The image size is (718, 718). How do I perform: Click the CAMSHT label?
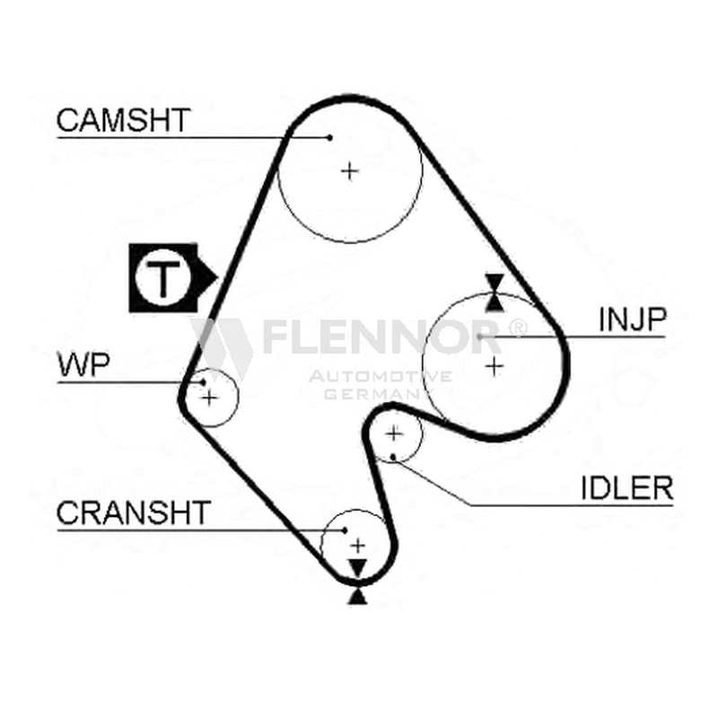point(123,120)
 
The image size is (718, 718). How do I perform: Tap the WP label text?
point(83,364)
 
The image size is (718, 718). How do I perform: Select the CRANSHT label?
point(133,512)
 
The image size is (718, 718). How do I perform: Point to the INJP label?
point(633,320)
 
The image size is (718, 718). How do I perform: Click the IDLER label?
point(627,487)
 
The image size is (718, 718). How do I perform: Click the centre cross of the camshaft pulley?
point(350,171)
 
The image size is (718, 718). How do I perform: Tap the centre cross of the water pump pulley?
point(209,398)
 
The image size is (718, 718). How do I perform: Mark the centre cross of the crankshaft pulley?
point(357,546)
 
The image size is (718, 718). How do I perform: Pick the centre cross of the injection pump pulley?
point(495,366)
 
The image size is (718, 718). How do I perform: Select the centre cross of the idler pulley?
point(394,433)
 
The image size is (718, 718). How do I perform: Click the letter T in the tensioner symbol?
point(163,278)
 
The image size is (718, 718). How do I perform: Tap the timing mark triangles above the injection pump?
point(495,293)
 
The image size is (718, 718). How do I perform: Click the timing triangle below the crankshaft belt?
point(357,597)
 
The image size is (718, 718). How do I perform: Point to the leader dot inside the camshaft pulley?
point(329,137)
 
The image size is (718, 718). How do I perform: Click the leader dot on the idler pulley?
point(393,457)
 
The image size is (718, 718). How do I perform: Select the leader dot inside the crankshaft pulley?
point(345,530)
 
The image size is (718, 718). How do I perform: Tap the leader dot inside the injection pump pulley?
point(479,337)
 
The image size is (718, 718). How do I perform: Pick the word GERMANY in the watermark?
point(375,393)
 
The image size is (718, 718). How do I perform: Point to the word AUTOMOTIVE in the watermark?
point(380,376)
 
